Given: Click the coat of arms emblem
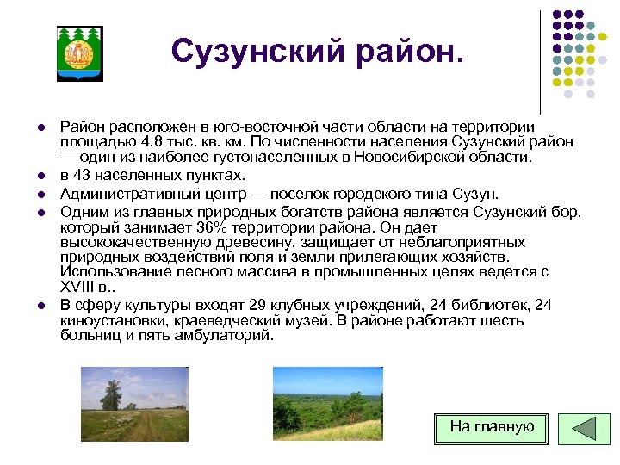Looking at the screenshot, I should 79,53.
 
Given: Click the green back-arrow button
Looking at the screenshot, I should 584,428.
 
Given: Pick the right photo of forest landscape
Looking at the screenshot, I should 327,403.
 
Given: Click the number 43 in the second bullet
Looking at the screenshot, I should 84,176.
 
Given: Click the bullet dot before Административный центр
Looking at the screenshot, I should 40,195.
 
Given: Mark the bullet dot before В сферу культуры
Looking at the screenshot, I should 40,306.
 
